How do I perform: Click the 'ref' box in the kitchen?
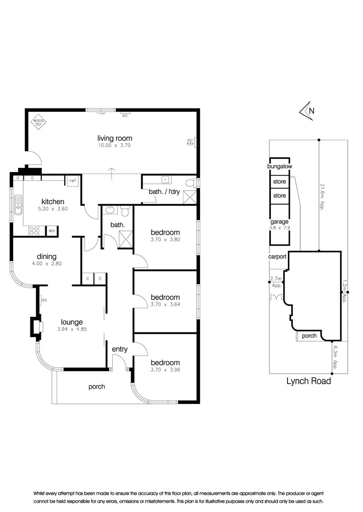tap(73, 181)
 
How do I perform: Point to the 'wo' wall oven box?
tap(51, 231)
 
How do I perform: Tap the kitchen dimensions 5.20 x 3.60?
tap(53, 209)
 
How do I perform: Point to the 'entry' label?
tap(119, 349)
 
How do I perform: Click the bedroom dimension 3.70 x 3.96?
tap(165, 370)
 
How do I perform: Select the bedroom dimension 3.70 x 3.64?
tap(165, 304)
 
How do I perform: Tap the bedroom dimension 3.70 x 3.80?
tap(165, 239)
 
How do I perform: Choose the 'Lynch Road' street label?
tap(309, 381)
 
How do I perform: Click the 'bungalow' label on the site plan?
tap(279, 166)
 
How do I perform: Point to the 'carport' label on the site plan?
tap(277, 256)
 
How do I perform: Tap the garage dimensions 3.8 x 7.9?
tap(279, 228)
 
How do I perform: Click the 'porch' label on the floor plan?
tap(97, 386)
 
